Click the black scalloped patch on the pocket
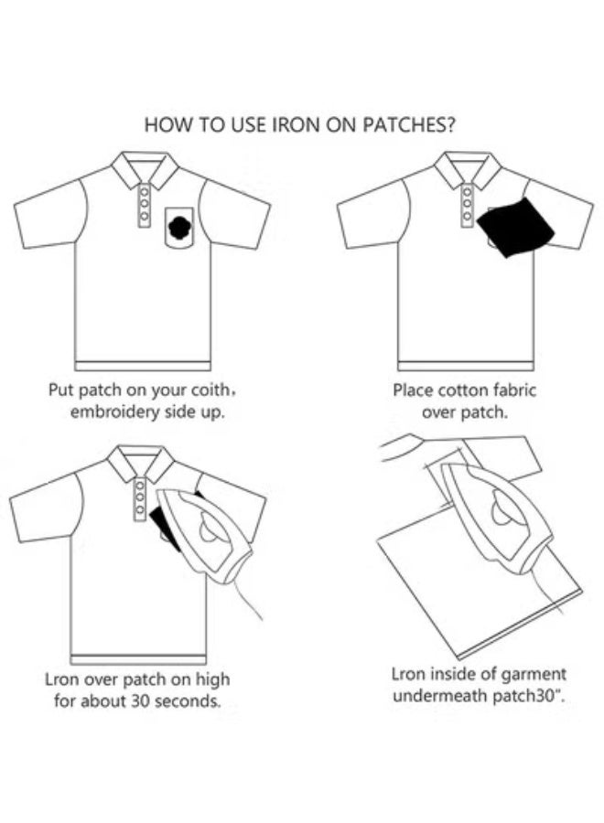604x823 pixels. pyautogui.click(x=179, y=223)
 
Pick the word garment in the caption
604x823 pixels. pyautogui.click(x=528, y=674)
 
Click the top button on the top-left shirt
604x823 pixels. pyautogui.click(x=143, y=192)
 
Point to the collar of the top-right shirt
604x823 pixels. pyautogui.click(x=467, y=168)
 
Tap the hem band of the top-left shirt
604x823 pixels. pyautogui.click(x=142, y=366)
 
